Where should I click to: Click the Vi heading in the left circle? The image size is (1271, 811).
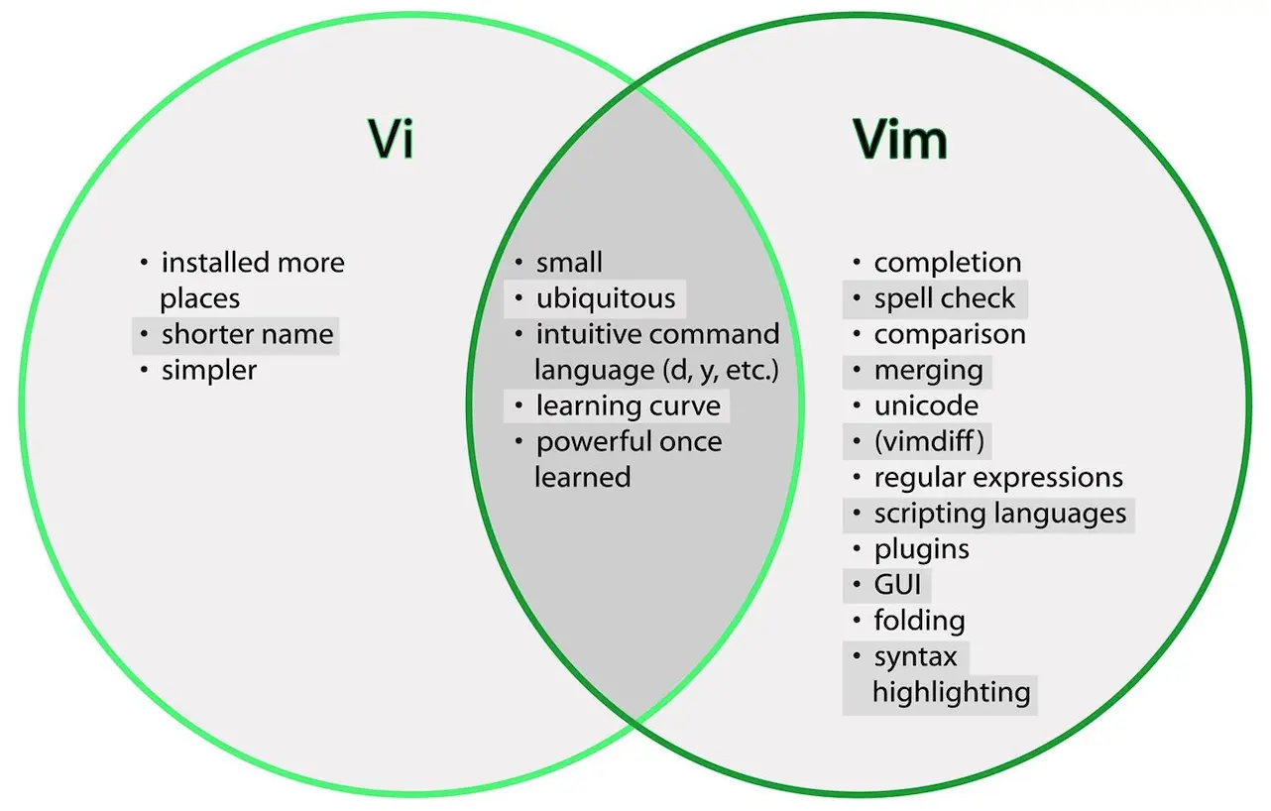[391, 139]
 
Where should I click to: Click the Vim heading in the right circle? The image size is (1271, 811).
[900, 139]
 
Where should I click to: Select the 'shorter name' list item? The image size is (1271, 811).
[248, 334]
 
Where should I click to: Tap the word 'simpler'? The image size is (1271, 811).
[209, 371]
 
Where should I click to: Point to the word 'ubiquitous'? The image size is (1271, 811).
[606, 298]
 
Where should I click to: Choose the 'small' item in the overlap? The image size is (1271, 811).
[569, 262]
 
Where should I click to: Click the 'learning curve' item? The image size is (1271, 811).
[629, 405]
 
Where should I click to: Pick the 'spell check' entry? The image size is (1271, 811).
[944, 298]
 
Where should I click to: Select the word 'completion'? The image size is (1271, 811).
[948, 262]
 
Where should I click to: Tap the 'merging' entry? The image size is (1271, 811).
[928, 371]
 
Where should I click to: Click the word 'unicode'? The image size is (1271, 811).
[926, 405]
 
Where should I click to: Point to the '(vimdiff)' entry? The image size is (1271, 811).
[929, 441]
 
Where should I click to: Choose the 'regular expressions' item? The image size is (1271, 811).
[998, 478]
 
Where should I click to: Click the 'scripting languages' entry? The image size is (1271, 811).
[999, 514]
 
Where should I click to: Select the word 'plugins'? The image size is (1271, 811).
[921, 550]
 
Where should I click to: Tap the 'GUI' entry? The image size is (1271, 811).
[897, 585]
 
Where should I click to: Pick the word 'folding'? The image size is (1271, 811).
[919, 621]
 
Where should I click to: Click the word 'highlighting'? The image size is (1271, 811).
[951, 693]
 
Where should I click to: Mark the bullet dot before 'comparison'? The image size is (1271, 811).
[857, 334]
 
